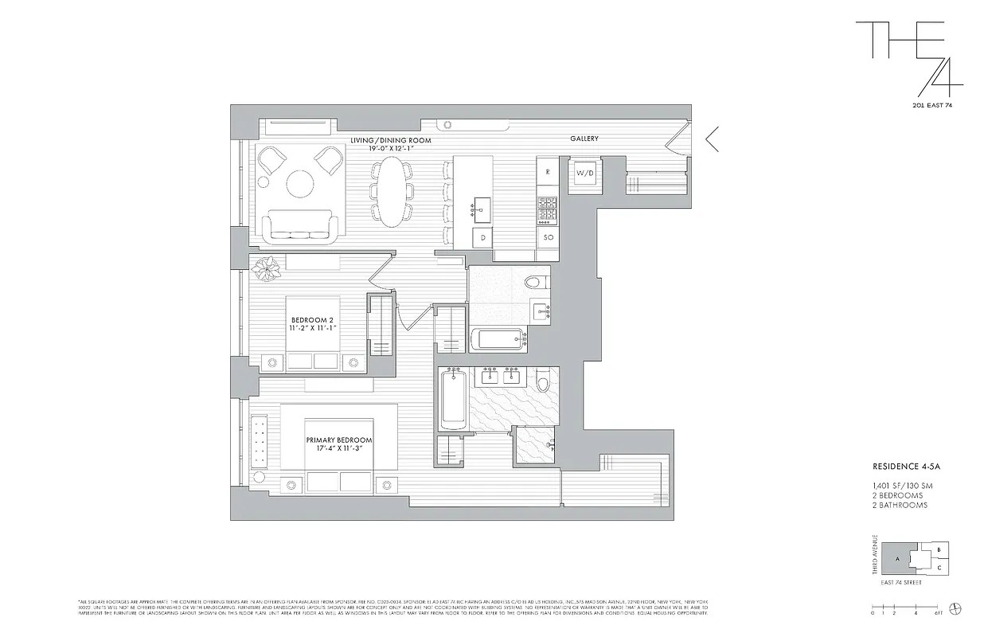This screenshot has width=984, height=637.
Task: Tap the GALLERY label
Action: click(584, 139)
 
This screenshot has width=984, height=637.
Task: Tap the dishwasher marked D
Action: click(482, 236)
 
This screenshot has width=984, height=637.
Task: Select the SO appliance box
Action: click(548, 237)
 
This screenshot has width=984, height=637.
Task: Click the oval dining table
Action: click(390, 191)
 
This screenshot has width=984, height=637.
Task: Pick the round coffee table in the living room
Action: click(300, 184)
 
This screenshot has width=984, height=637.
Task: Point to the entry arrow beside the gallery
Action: click(712, 139)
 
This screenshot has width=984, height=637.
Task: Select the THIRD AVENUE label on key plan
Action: click(874, 554)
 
